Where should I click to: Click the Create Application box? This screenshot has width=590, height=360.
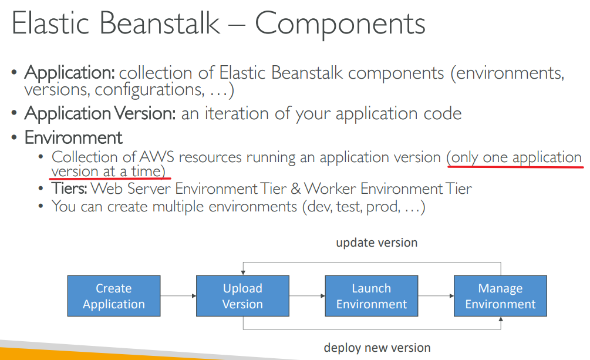point(114,295)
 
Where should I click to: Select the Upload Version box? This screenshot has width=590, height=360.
point(242,295)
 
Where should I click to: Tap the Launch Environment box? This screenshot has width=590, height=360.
point(372,295)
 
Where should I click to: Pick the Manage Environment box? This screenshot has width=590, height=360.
point(500,295)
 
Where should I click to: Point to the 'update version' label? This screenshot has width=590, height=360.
point(377,243)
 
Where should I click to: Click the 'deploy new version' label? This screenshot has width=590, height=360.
point(377,348)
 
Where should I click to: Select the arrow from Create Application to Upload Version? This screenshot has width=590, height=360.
point(178,296)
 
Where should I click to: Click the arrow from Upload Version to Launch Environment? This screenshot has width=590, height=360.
point(307,296)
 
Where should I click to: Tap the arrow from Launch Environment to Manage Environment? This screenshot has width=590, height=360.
point(436,296)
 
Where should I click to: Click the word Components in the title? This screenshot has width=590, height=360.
point(340,23)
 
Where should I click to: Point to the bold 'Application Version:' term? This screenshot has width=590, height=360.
point(100,114)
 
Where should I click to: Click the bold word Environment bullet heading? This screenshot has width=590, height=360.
point(73,137)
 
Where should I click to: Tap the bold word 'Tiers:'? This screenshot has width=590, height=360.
point(69,189)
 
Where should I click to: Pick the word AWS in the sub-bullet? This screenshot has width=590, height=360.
point(157,157)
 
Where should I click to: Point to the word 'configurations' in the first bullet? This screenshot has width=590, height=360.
point(150,90)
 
